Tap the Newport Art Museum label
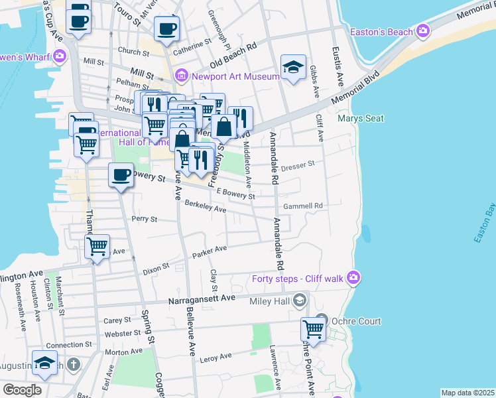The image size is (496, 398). (x=235, y=76)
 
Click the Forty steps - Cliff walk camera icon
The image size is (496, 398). (x=354, y=277)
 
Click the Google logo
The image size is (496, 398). (x=22, y=389)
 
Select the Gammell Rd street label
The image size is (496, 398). (x=302, y=206)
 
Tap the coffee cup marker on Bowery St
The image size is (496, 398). (x=121, y=175)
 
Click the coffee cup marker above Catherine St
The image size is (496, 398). (x=166, y=29)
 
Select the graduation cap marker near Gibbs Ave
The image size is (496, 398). (x=293, y=67)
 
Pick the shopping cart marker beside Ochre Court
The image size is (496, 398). (x=313, y=328)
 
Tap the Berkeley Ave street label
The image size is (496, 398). (x=206, y=206)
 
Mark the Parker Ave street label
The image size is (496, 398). (x=210, y=251)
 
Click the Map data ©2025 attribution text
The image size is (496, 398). (x=467, y=393)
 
